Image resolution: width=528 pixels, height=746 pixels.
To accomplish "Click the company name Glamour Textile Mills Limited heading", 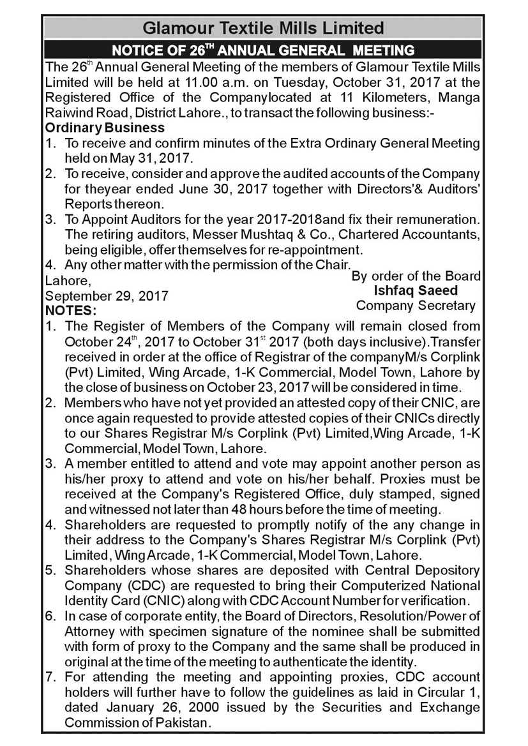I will (263, 28).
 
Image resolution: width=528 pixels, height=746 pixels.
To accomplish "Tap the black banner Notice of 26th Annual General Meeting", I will (263, 50).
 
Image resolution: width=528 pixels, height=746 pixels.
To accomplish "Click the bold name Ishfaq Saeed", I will (416, 290).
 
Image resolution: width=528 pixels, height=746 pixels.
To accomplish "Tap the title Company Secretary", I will (416, 305).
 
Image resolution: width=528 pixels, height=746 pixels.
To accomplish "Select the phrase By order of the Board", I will (416, 276).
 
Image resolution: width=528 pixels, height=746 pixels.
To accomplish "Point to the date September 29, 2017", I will (107, 296).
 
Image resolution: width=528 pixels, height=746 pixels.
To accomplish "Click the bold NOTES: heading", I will (70, 311).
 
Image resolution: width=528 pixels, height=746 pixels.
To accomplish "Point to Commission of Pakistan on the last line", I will (137, 723).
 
